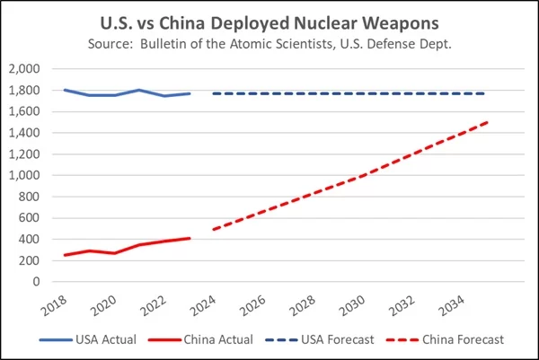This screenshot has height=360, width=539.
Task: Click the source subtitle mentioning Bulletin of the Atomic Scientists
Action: (x=269, y=43)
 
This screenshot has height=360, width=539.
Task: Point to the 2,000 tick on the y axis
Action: (x=24, y=69)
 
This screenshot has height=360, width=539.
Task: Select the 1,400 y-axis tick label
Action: (x=24, y=133)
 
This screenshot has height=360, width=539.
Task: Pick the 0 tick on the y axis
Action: (x=37, y=282)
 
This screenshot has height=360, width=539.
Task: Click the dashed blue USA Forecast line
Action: (x=359, y=93)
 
